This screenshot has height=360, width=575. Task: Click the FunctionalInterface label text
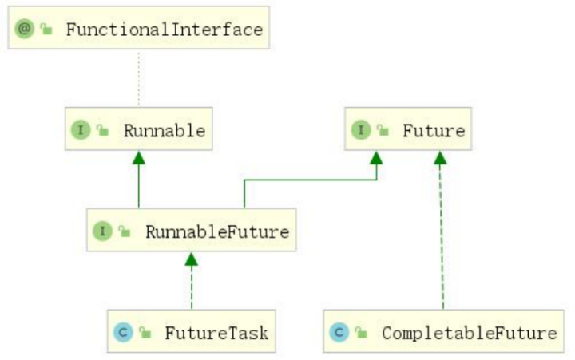(x=164, y=30)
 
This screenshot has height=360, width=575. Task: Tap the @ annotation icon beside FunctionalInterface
(x=22, y=30)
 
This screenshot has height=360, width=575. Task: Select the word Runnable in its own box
(x=164, y=131)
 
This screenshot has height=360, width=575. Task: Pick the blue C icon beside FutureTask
(x=123, y=332)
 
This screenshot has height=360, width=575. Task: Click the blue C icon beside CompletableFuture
(x=339, y=332)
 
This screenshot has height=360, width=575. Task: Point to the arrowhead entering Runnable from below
(x=139, y=157)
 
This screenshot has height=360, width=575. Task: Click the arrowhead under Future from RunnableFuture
(x=376, y=157)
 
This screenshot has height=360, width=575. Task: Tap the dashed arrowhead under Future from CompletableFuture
(x=439, y=157)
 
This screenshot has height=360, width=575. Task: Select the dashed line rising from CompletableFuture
(x=441, y=239)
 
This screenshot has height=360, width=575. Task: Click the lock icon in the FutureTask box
(x=145, y=332)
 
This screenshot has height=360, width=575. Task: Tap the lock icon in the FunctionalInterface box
(x=46, y=30)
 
